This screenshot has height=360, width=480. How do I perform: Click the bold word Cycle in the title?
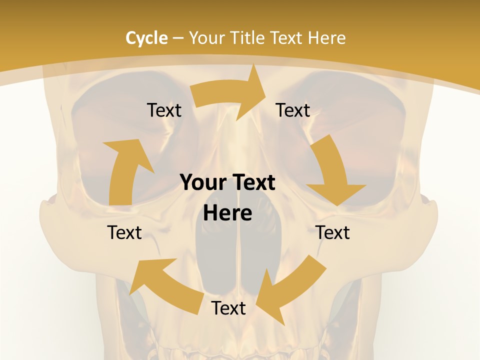[x=146, y=38]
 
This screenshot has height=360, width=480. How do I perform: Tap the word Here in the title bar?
[x=327, y=38]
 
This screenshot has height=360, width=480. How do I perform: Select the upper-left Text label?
[x=164, y=110]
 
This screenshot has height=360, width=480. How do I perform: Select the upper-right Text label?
[x=293, y=110]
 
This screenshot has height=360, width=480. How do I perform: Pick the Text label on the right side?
[x=332, y=232]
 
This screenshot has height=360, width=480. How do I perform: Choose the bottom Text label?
[x=228, y=308]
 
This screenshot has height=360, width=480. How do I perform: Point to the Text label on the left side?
[x=124, y=232]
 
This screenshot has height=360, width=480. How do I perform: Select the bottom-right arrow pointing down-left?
[x=290, y=290]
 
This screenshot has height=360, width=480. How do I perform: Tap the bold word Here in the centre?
[x=227, y=213]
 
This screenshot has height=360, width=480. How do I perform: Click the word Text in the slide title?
[x=287, y=38]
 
